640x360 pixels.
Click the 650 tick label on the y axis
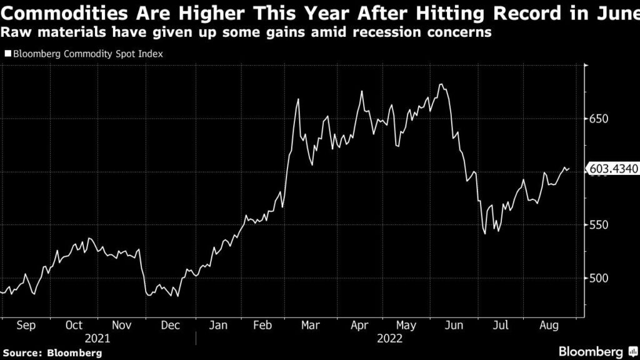pos(597,119)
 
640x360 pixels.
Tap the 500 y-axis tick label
pos(597,278)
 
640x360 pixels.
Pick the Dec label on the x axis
pos(170,325)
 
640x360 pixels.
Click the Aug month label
pos(548,325)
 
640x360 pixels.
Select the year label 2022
pos(390,339)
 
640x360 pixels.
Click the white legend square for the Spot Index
pos(7,54)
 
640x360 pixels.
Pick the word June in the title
pos(615,12)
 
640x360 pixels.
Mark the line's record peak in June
pos(441,84)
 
